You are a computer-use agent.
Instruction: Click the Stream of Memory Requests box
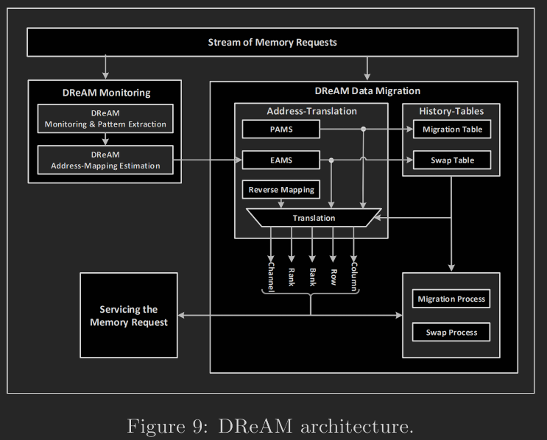tap(272, 43)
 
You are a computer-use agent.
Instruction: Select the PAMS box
tap(280, 129)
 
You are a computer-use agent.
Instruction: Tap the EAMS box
tap(280, 160)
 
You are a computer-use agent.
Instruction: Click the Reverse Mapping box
tap(280, 190)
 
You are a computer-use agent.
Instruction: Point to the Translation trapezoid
tap(314, 218)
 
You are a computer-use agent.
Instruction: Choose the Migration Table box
tap(451, 129)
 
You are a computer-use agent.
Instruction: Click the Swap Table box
tap(451, 160)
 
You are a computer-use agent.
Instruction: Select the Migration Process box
tap(451, 299)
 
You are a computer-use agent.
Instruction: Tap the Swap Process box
tap(451, 332)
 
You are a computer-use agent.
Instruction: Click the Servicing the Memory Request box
tap(129, 316)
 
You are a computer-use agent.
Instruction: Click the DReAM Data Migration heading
tap(367, 91)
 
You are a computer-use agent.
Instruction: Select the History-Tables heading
tap(451, 110)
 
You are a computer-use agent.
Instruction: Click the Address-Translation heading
tap(311, 111)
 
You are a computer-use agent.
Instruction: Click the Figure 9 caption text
tap(270, 425)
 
